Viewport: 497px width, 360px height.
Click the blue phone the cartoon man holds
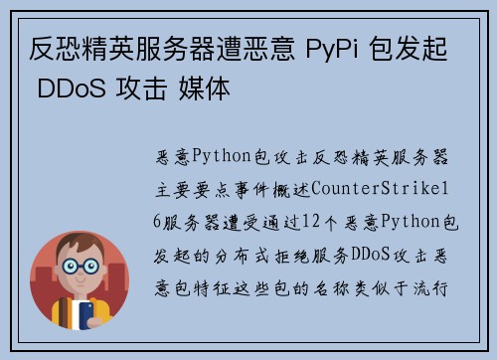[x=84, y=314]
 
